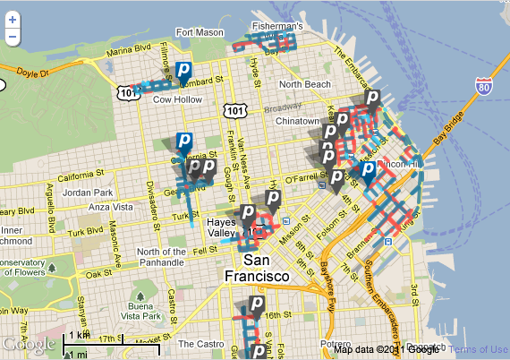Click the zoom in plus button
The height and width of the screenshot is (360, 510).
point(12,21)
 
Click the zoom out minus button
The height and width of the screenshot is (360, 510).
point(12,37)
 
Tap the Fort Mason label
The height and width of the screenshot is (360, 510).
point(197,33)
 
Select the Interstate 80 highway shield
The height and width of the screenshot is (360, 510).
point(483,88)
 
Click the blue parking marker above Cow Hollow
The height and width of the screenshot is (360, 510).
point(183,72)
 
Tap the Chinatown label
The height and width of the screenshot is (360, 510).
point(297,120)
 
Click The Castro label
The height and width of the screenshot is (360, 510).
point(198,343)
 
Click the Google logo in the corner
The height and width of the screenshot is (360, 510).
point(30,344)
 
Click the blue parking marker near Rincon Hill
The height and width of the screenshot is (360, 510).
point(368,171)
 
